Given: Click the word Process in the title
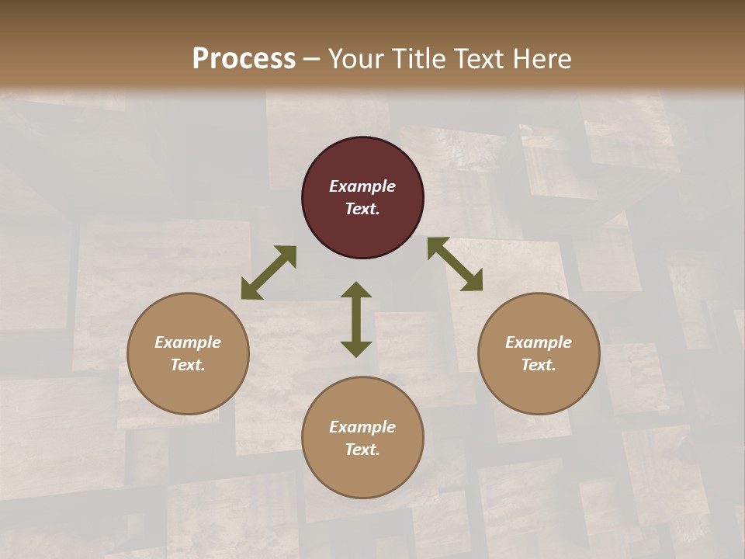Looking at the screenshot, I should click(244, 59).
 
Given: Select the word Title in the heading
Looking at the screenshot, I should click(420, 59).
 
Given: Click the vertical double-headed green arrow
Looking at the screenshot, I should click(356, 319).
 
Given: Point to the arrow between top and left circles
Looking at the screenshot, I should click(269, 273).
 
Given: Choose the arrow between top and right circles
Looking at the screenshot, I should click(455, 264).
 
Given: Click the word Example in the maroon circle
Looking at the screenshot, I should click(362, 186).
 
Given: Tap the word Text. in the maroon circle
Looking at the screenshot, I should click(362, 209).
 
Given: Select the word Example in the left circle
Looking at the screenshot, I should click(188, 342).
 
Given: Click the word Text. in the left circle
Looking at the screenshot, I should click(188, 365).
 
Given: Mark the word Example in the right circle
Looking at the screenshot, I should click(539, 342).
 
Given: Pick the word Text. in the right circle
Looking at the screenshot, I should click(539, 365).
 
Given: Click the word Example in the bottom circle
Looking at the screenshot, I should click(362, 427).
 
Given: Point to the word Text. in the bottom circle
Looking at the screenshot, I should click(362, 450).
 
